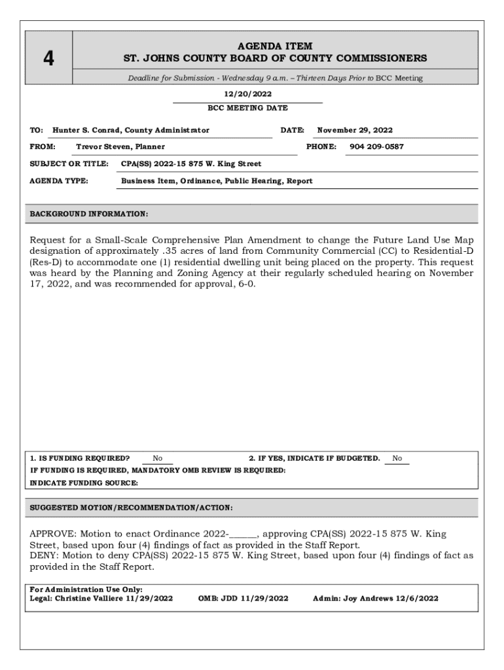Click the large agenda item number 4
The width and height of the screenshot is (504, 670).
[48, 59]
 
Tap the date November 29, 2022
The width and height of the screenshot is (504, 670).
[355, 130]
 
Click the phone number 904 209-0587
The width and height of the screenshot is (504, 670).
[376, 147]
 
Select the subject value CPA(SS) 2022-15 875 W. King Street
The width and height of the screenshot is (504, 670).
[191, 164]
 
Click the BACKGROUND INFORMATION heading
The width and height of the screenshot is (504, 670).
[89, 214]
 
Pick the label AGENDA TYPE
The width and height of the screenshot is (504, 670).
[60, 181]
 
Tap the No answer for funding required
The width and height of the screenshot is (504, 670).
[158, 458]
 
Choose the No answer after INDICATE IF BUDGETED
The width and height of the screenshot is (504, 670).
[397, 458]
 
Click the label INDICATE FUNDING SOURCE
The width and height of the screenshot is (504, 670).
[84, 483]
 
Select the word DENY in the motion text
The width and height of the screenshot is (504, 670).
[42, 555]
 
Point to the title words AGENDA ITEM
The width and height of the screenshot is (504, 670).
[275, 46]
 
